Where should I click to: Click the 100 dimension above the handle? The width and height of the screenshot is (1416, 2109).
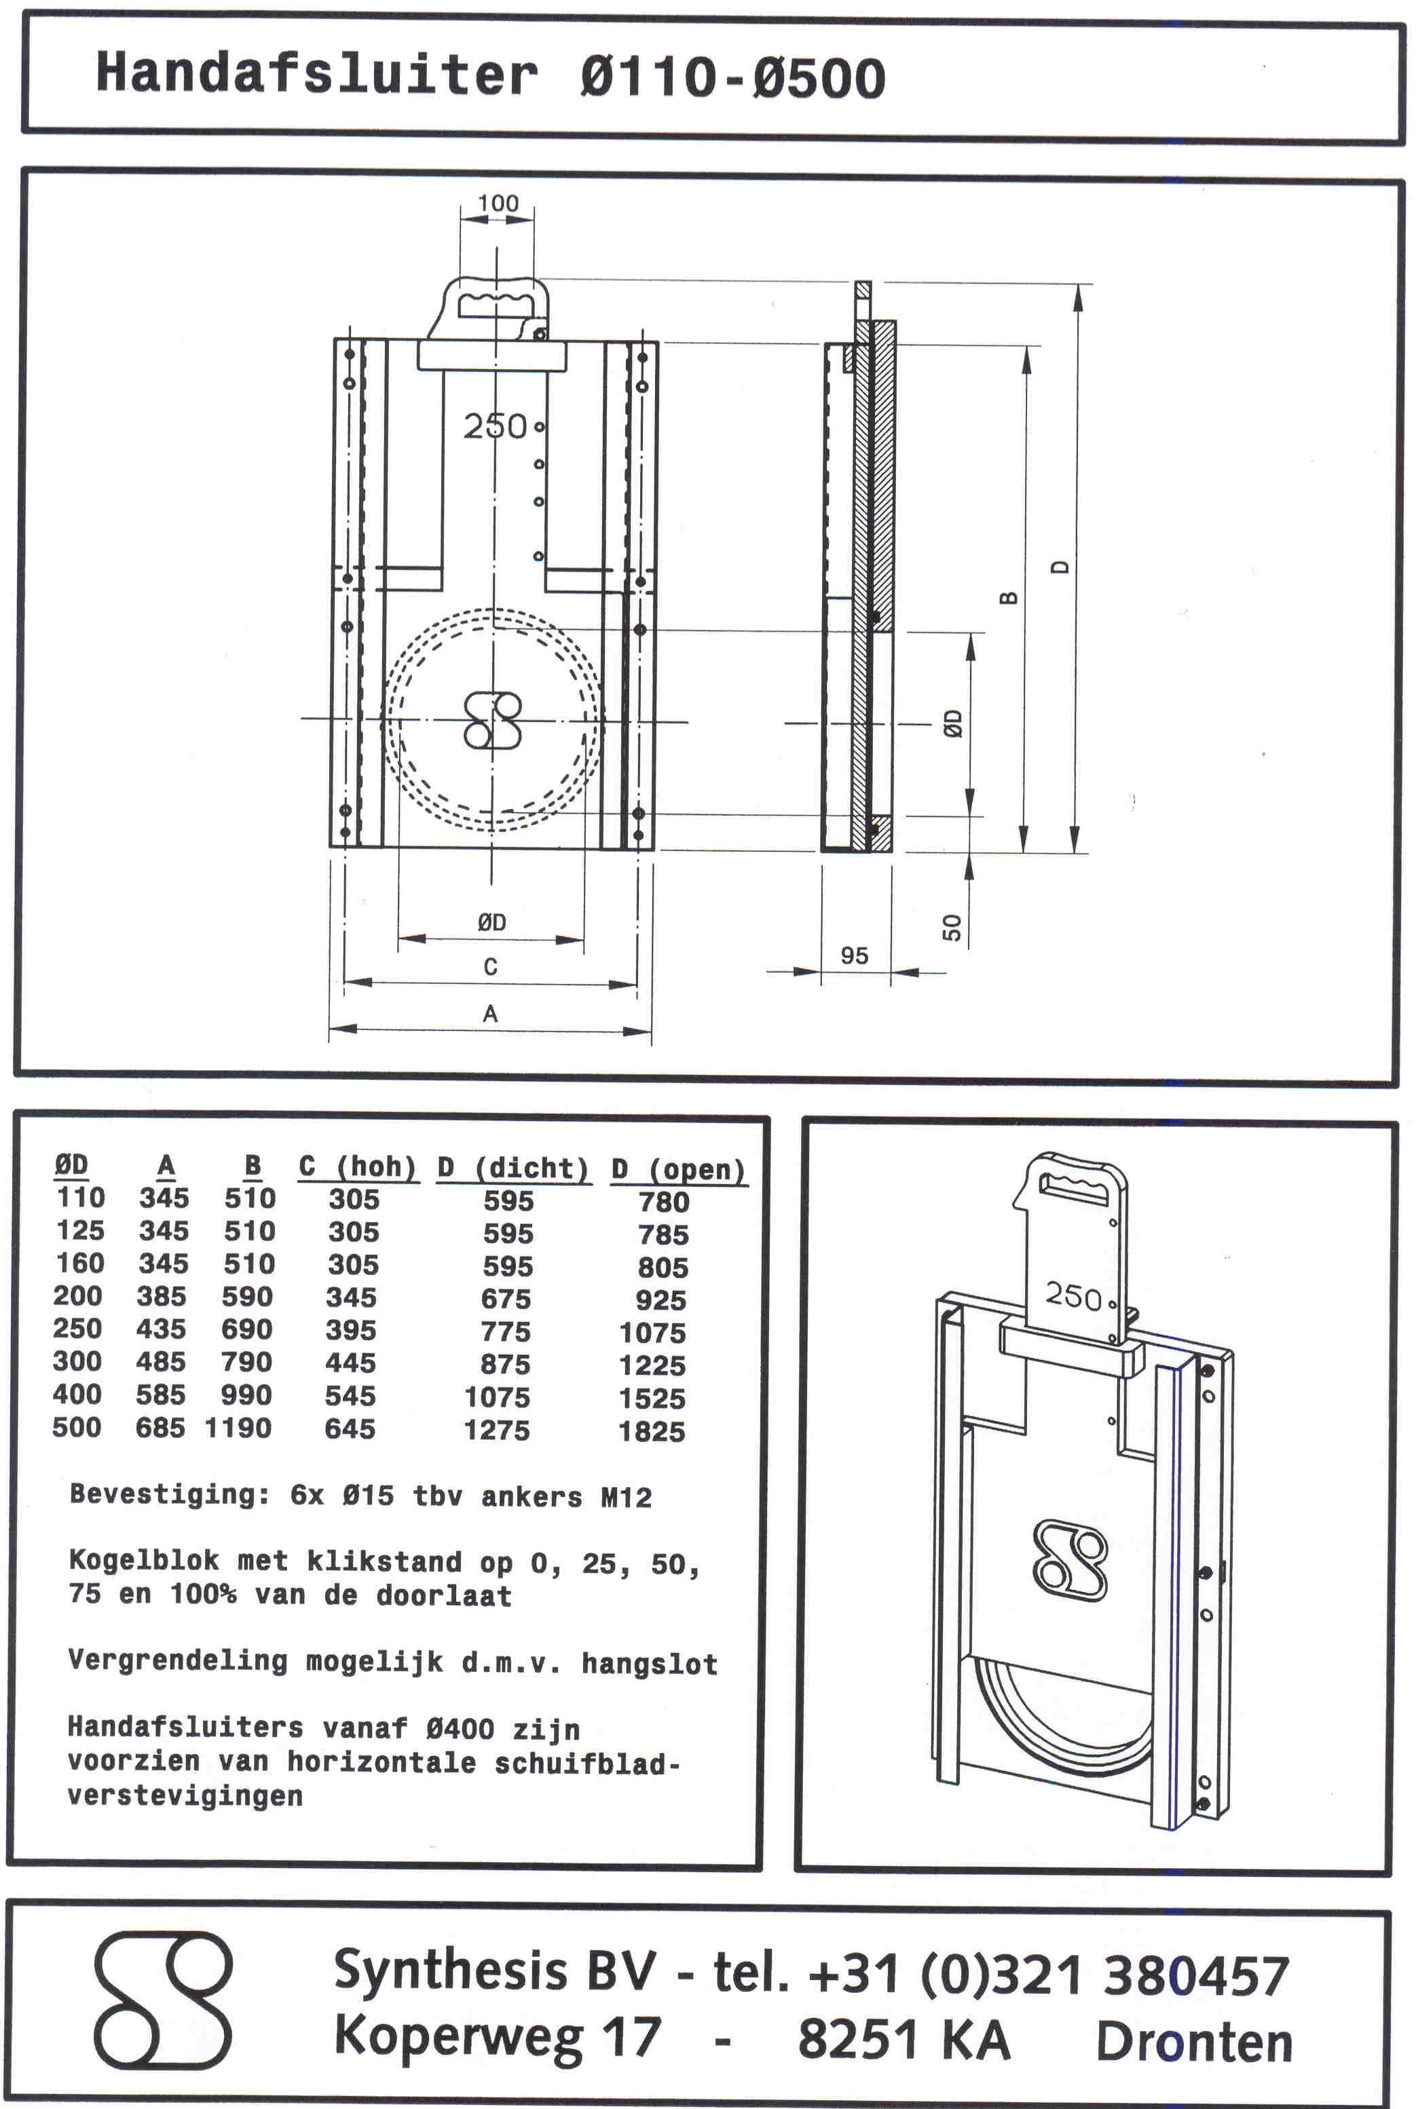coord(498,203)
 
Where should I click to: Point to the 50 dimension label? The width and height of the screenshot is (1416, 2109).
coord(952,927)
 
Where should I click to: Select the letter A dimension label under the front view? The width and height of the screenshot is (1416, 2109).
coord(490,1014)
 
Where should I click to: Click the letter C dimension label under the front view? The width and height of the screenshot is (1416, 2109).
coord(490,967)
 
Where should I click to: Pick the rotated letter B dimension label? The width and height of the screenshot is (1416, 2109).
coord(1009,598)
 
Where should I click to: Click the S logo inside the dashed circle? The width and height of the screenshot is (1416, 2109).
coord(492,719)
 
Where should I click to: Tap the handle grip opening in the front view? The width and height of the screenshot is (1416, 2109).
coord(495,305)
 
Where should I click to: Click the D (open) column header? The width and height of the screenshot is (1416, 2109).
coord(678,1169)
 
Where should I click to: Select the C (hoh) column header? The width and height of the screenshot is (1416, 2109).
coord(358,1166)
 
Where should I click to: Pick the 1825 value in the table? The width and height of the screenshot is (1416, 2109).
coord(652,1431)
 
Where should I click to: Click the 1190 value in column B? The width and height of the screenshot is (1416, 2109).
coord(238,1427)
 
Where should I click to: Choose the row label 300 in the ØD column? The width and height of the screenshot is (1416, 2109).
coord(77,1361)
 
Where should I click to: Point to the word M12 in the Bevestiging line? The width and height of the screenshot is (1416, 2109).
coord(627,1498)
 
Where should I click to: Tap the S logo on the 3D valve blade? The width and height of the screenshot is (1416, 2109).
coord(1070,1561)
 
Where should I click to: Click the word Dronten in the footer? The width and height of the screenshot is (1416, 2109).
coord(1194,2042)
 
